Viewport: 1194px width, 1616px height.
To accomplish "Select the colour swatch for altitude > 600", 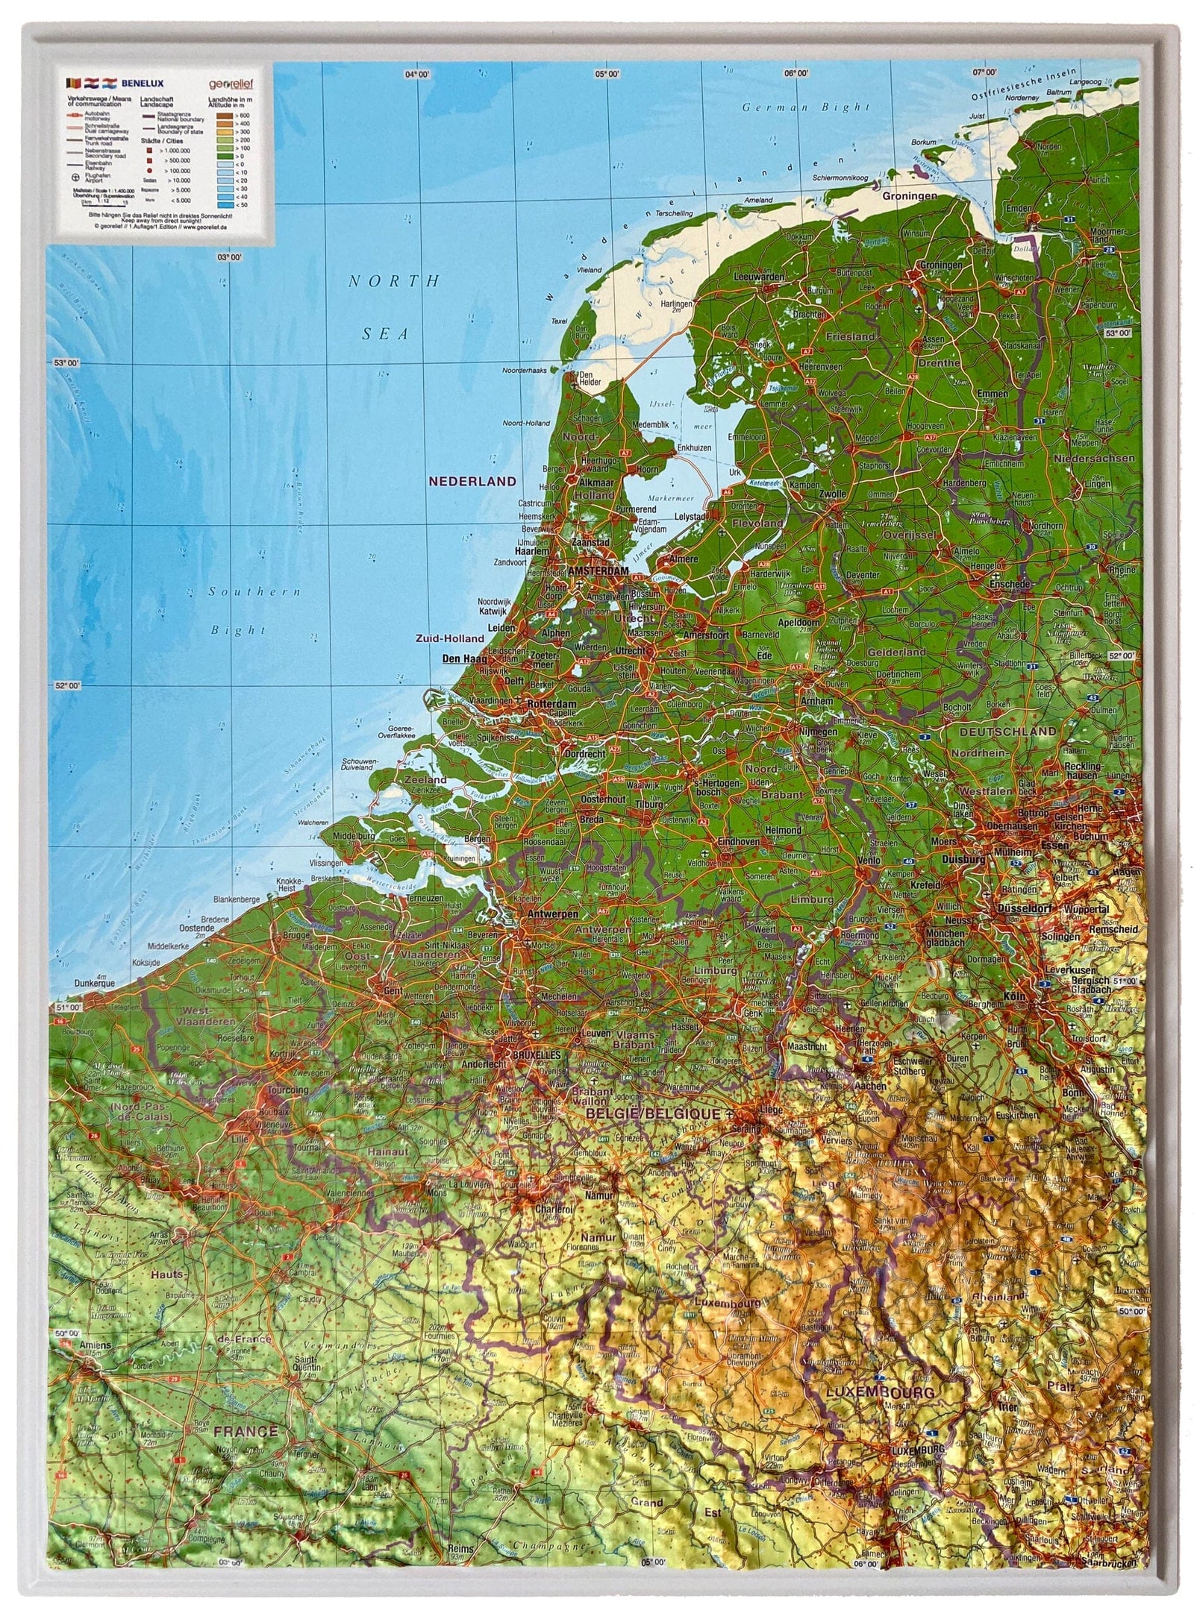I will click(x=223, y=115).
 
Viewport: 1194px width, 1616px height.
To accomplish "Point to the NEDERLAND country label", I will click(x=472, y=481).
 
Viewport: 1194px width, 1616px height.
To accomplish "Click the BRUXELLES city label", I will click(x=535, y=1057).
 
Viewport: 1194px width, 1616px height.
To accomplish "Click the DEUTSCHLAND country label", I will click(x=1007, y=732).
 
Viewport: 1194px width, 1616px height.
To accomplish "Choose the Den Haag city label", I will click(x=464, y=658).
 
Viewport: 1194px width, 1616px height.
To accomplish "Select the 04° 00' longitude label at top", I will click(x=418, y=74).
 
